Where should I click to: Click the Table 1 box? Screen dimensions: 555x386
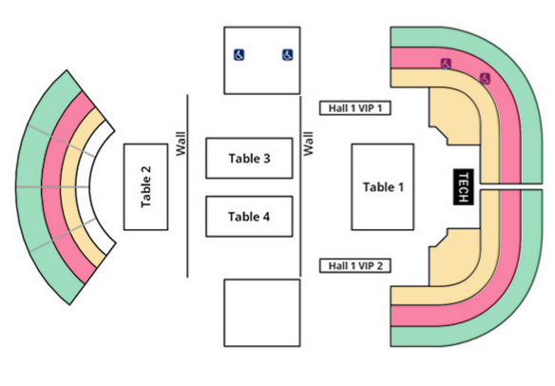(x=383, y=187)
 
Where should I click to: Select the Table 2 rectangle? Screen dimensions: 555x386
(x=145, y=187)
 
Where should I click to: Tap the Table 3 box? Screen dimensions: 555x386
(x=250, y=158)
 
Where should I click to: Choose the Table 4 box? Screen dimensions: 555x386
(x=250, y=217)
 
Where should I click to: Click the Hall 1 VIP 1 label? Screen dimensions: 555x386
(x=355, y=108)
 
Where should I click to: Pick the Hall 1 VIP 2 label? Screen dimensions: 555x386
(x=355, y=265)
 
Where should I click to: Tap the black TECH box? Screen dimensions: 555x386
(x=464, y=187)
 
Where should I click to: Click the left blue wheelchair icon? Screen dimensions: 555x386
(x=239, y=55)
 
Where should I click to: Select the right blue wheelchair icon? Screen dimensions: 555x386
(x=287, y=55)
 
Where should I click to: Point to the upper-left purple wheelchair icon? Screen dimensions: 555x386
(x=446, y=64)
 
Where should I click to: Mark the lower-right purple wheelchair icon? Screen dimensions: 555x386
(x=485, y=78)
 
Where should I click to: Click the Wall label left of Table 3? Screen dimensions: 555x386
(x=181, y=144)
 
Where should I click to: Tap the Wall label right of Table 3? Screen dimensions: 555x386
(x=308, y=144)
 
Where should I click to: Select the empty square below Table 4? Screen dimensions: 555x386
(x=262, y=313)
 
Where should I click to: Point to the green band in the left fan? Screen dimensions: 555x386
(x=29, y=186)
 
